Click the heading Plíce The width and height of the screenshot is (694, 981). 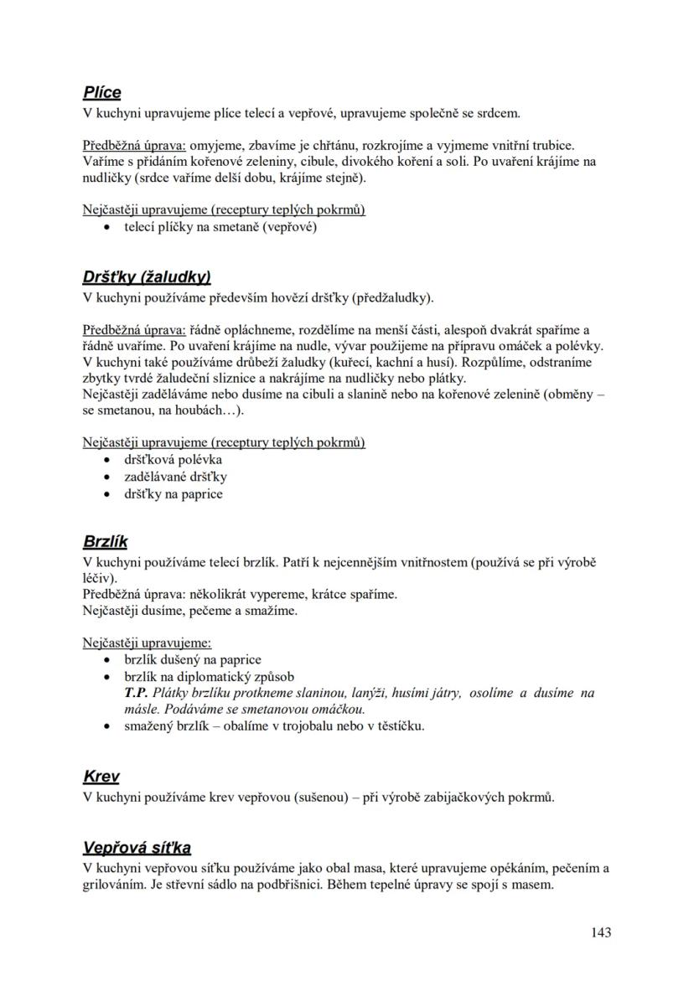(101, 92)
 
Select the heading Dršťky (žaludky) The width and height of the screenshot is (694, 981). (146, 276)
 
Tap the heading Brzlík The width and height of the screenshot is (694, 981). (106, 541)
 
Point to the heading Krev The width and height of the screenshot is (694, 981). (101, 777)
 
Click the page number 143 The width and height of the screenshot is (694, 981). (600, 932)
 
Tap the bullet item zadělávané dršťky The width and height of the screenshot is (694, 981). (176, 477)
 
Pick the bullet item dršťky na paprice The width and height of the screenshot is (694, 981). (173, 494)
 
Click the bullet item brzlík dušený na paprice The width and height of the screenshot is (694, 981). (193, 659)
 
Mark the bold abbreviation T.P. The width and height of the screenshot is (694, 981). (136, 693)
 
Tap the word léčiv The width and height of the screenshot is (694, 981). (99, 577)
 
